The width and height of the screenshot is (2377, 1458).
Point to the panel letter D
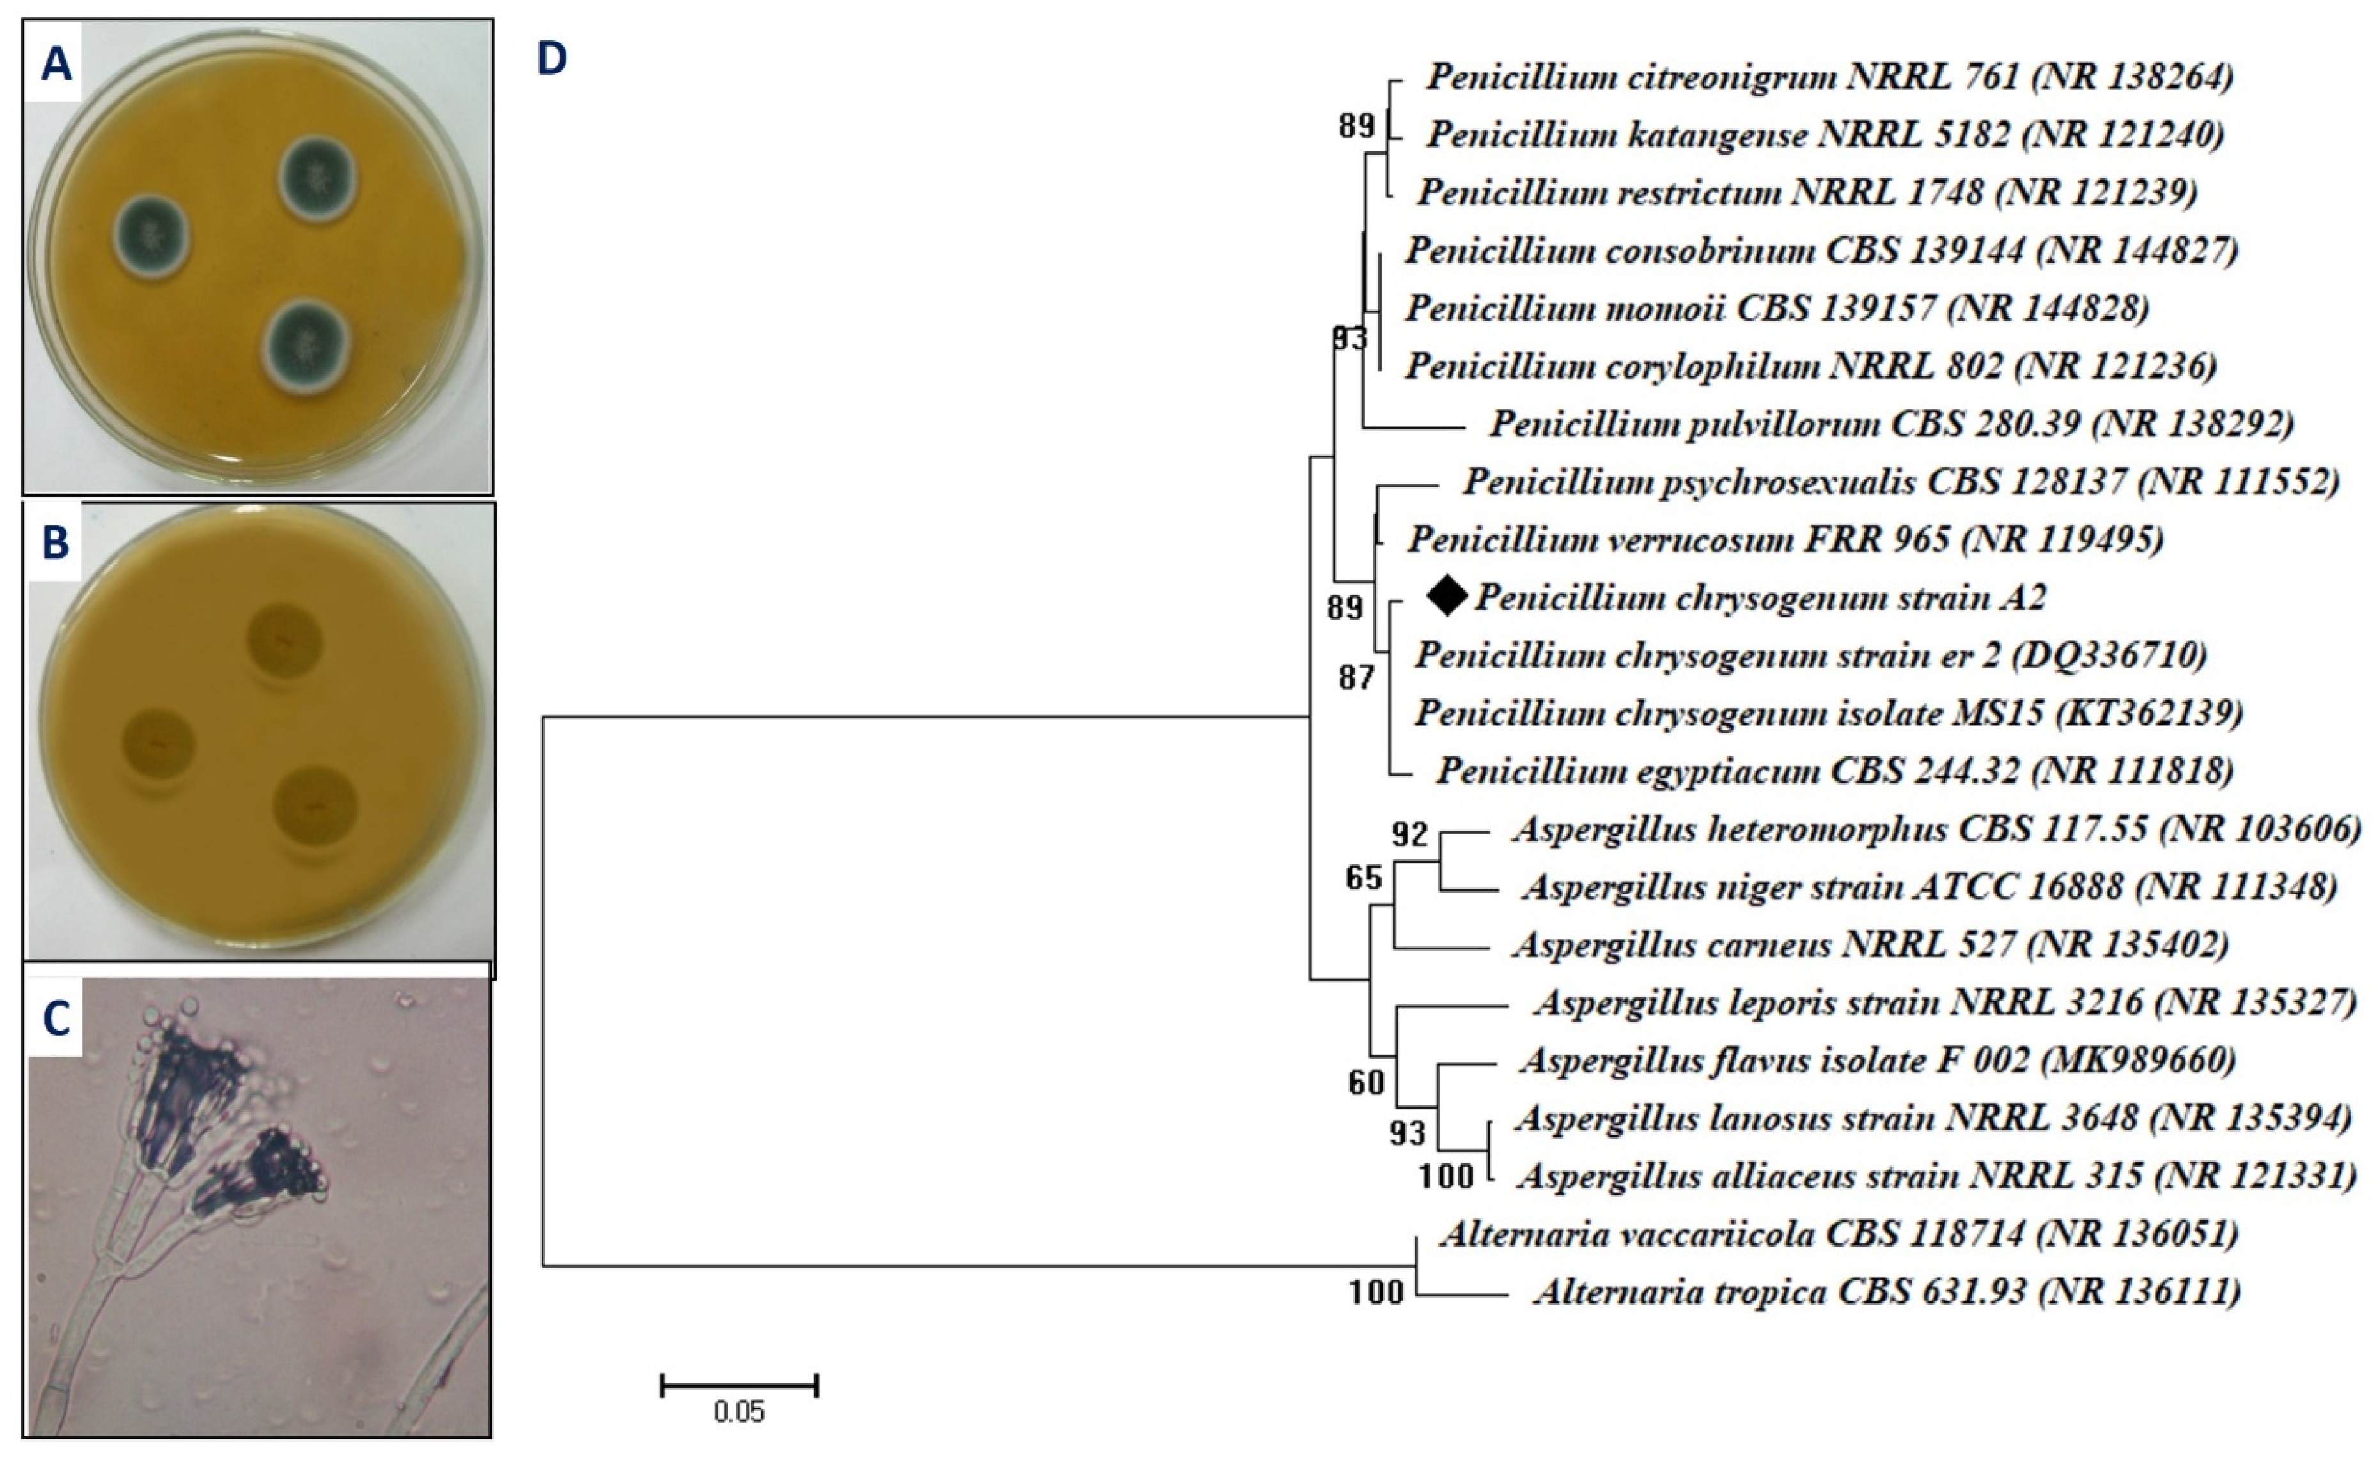(552, 60)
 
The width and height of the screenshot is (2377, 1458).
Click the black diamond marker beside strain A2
(1447, 596)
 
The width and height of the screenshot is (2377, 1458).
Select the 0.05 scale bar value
(739, 1413)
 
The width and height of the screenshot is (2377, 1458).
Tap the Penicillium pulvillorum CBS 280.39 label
(1891, 424)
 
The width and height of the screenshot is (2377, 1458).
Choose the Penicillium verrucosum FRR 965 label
(1785, 539)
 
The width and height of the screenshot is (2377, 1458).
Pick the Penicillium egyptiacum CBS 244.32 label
(1834, 771)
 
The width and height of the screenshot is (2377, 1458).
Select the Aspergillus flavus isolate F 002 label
(1877, 1060)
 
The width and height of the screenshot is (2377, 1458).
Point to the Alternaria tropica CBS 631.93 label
(1887, 1291)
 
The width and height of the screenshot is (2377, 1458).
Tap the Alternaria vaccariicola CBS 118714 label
(1839, 1233)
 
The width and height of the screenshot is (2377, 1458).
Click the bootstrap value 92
(1410, 833)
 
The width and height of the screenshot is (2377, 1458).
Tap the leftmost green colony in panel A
(150, 236)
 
